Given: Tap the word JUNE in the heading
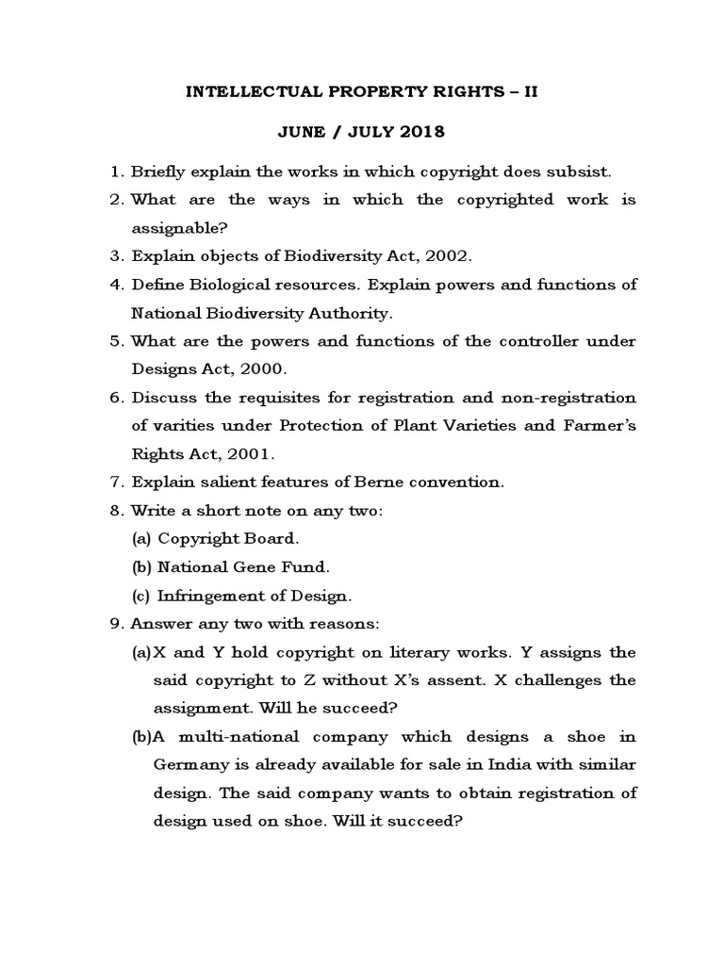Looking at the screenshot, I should click(x=300, y=132).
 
